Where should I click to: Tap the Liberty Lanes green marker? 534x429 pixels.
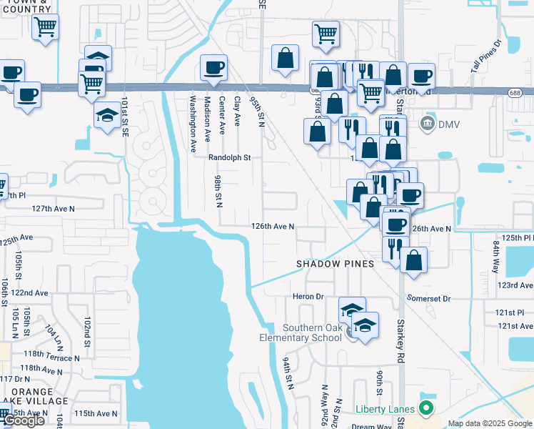coord(427,409)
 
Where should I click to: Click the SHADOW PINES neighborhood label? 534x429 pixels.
coord(336,264)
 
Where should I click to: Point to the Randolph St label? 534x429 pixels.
coord(230,157)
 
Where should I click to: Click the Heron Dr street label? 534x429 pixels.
coord(308,296)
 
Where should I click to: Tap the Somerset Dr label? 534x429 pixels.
coord(428,298)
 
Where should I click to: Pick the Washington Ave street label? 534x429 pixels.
coord(193,125)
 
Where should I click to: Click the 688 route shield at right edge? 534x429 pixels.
coord(515,92)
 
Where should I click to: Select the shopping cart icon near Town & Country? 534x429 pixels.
coord(45,28)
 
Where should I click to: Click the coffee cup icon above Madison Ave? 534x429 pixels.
coord(213,68)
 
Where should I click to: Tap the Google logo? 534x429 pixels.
coord(24,421)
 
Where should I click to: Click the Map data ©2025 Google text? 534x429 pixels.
coord(490,423)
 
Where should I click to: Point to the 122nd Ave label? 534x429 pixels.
coord(29,293)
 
